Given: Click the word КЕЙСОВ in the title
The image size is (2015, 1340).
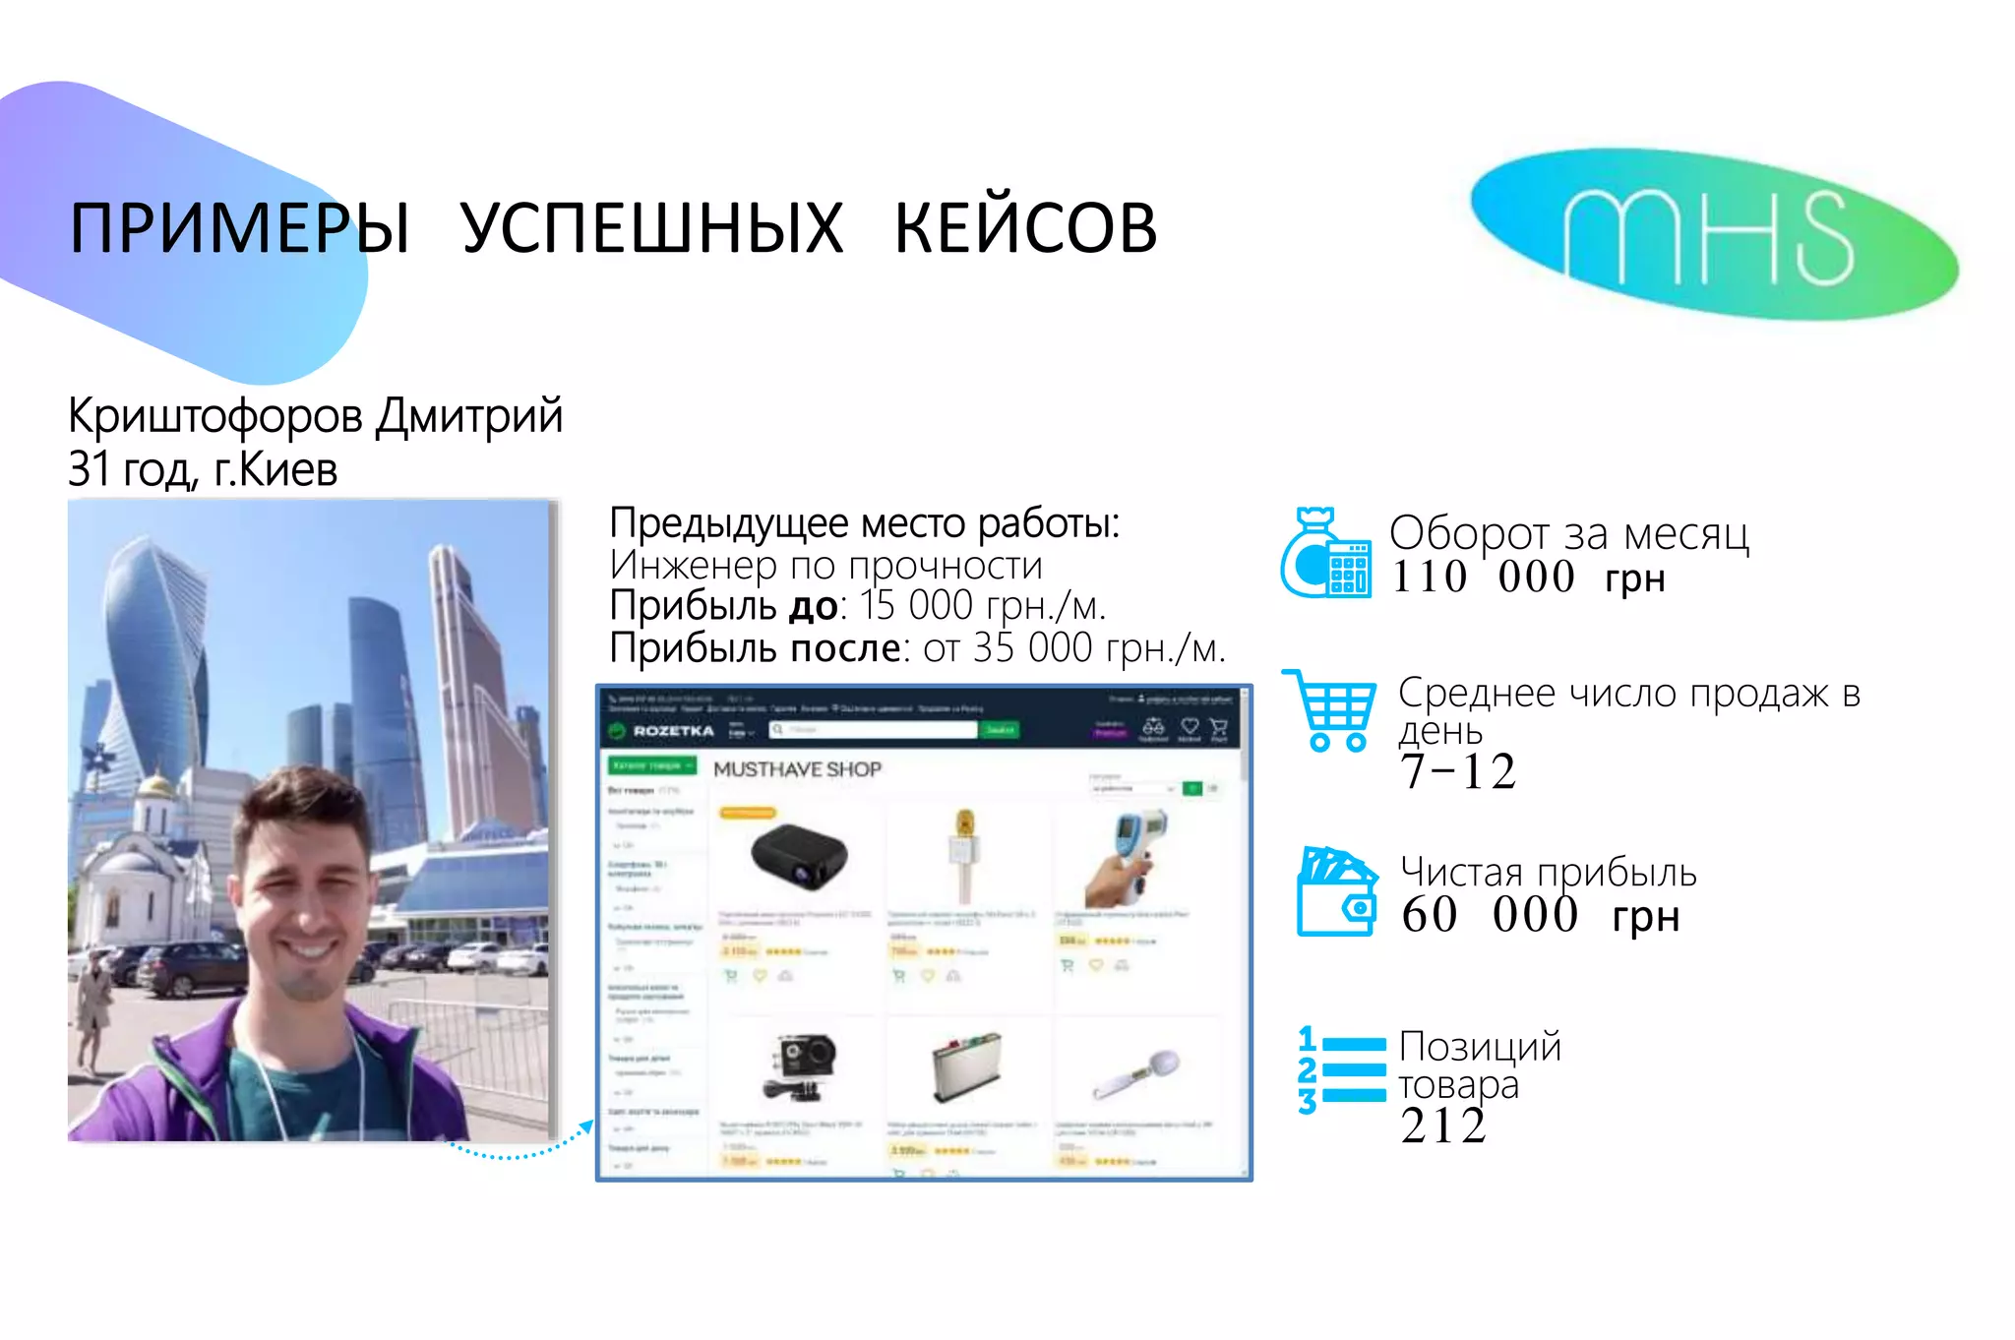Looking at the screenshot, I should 1025,228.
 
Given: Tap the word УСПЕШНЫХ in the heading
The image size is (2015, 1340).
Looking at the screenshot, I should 651,228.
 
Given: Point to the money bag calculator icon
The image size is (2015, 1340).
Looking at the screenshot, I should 1324,554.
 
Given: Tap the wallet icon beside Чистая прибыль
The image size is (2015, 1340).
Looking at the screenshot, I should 1336,891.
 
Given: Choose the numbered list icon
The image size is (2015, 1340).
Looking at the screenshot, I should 1340,1070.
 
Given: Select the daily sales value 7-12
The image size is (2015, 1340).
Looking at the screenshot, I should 1458,771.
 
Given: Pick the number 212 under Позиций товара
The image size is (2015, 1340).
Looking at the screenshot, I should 1442,1126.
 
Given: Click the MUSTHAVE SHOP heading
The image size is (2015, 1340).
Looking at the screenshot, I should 797,769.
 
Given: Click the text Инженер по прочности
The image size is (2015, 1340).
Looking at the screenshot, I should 824,566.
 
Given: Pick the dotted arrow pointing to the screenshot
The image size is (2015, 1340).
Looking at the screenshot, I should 521,1148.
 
